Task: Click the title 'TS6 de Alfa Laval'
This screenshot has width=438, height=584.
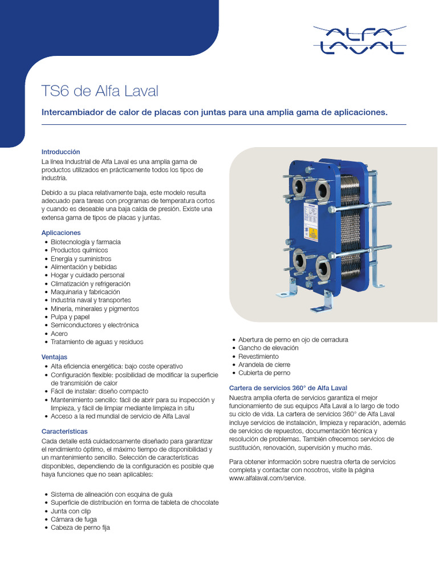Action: point(100,91)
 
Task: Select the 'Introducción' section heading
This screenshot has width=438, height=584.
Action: point(60,152)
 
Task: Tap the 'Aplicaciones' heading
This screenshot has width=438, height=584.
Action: point(61,233)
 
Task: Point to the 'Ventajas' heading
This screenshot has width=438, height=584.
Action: point(55,357)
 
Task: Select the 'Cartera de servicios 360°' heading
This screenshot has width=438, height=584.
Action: point(287,388)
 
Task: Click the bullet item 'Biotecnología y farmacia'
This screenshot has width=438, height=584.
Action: point(86,242)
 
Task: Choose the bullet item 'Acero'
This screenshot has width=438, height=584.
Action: point(59,334)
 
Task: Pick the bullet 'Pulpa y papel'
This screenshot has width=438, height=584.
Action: point(70,317)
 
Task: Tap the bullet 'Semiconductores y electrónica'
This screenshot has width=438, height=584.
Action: point(94,325)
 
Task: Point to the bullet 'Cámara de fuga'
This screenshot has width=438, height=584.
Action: point(74,520)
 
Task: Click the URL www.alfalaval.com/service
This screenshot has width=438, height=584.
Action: point(267,478)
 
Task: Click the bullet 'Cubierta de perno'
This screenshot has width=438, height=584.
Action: point(264,373)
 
